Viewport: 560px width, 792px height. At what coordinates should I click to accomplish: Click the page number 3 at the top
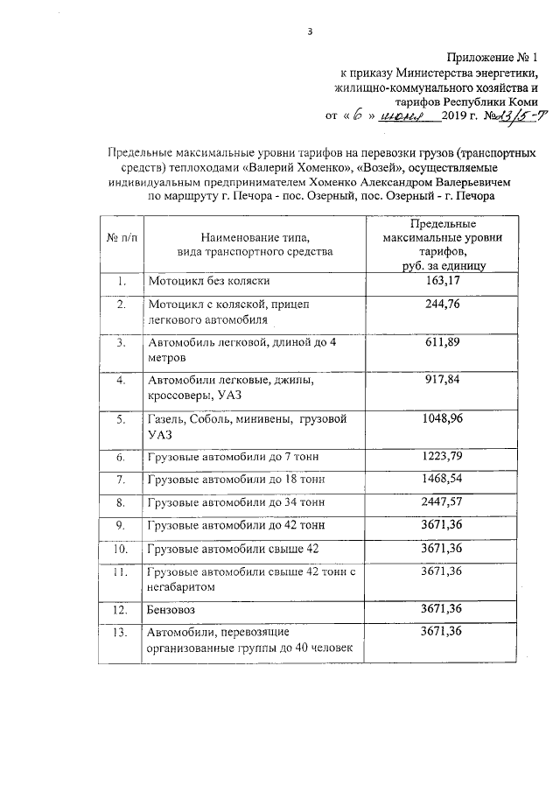310,33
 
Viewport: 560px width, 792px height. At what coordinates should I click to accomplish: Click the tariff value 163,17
442,281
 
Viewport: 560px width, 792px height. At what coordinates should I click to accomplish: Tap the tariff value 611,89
442,342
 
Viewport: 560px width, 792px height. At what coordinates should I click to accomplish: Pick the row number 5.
122,419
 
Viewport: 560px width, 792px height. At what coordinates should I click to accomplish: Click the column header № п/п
122,238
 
